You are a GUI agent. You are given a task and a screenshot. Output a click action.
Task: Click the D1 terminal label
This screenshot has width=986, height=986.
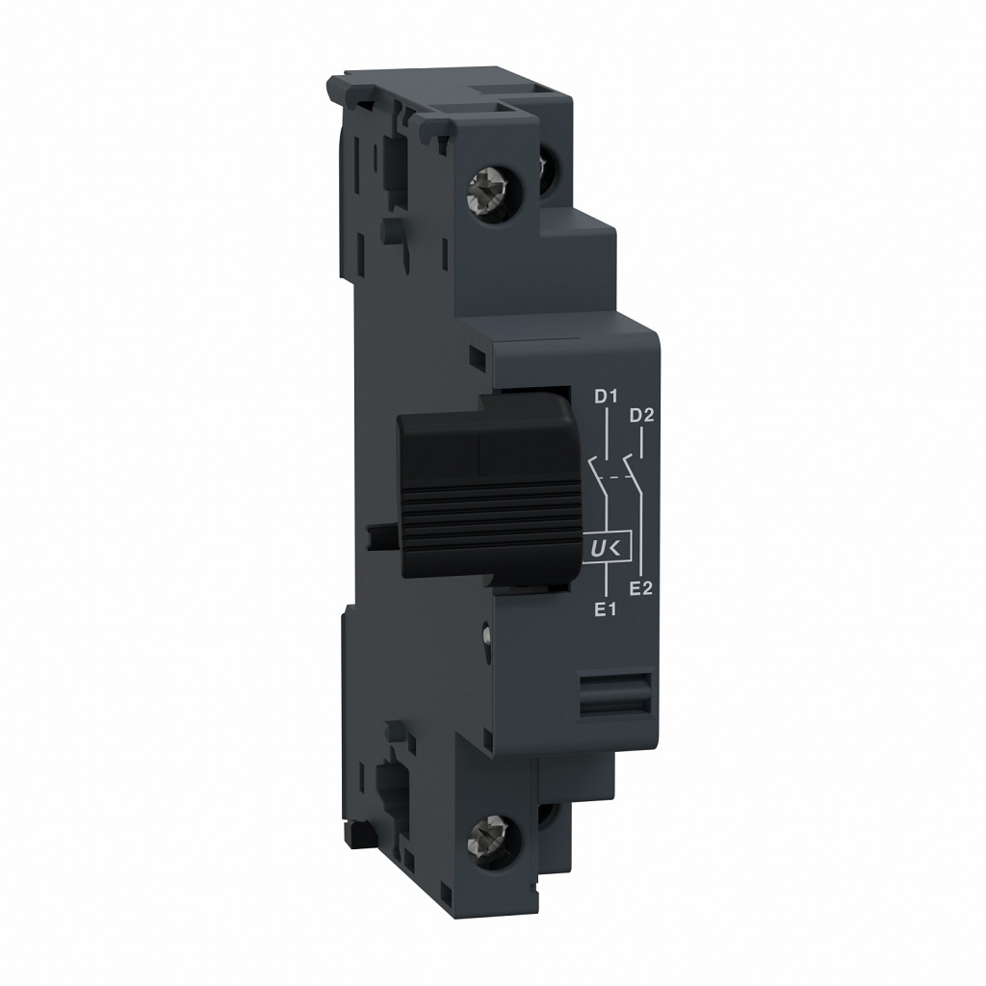pos(604,396)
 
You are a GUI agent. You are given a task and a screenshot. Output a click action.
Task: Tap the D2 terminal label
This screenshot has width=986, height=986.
pos(641,416)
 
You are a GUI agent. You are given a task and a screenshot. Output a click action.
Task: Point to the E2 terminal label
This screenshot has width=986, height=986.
pos(641,588)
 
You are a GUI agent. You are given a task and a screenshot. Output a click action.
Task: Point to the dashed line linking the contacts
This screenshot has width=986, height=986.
pos(615,475)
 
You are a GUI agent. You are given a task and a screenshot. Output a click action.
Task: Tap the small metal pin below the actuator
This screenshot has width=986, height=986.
pos(487,634)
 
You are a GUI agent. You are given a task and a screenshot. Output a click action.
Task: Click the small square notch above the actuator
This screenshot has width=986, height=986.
pos(476,359)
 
